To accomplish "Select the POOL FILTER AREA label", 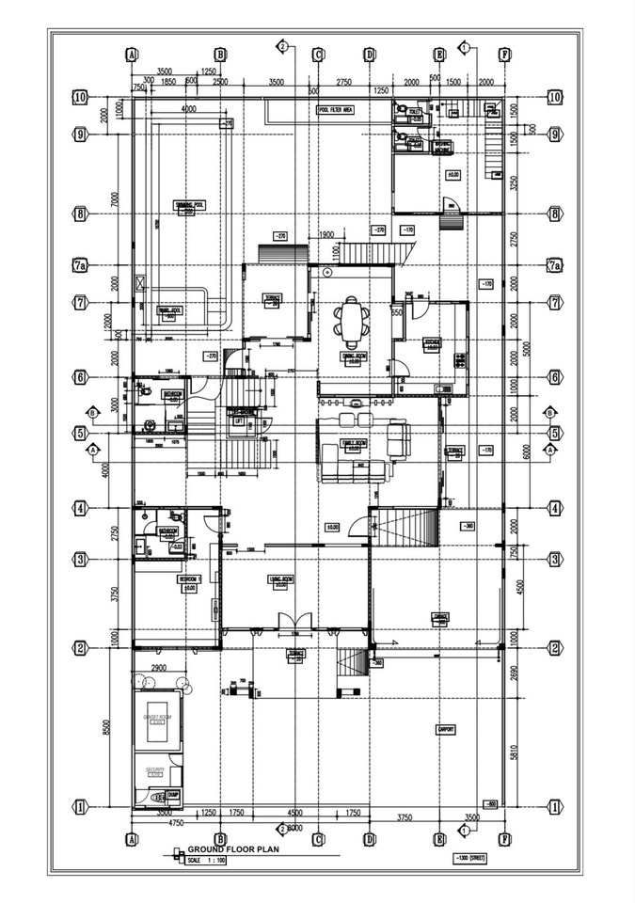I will [335, 110].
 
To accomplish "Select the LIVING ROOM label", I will [279, 579].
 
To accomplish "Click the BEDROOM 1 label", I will [188, 580].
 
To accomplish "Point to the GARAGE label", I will [439, 616].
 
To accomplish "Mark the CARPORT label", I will [447, 728].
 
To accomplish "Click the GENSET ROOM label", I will [157, 717].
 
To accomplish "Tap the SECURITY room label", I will [155, 769].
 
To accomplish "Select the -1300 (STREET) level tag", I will [466, 859].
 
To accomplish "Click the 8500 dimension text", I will [107, 726].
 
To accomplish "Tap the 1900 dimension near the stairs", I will [326, 234].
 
